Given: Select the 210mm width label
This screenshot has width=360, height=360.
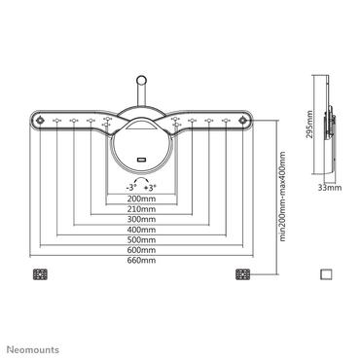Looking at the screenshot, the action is pyautogui.click(x=142, y=209).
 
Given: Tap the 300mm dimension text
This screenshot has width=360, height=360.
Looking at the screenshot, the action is pyautogui.click(x=142, y=221).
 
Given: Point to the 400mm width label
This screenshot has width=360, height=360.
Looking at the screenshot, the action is pyautogui.click(x=142, y=232).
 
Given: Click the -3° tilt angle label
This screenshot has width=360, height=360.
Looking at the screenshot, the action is pyautogui.click(x=130, y=186).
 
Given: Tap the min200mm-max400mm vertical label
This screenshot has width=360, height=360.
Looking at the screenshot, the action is pyautogui.click(x=282, y=200).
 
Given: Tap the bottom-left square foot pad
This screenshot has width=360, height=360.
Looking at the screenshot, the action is pyautogui.click(x=40, y=274).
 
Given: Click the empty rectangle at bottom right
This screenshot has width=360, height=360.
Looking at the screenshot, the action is pyautogui.click(x=326, y=274).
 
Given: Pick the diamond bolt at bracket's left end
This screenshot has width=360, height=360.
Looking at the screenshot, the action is pyautogui.click(x=40, y=122).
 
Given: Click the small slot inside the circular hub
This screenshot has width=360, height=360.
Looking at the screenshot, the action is pyautogui.click(x=142, y=160).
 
